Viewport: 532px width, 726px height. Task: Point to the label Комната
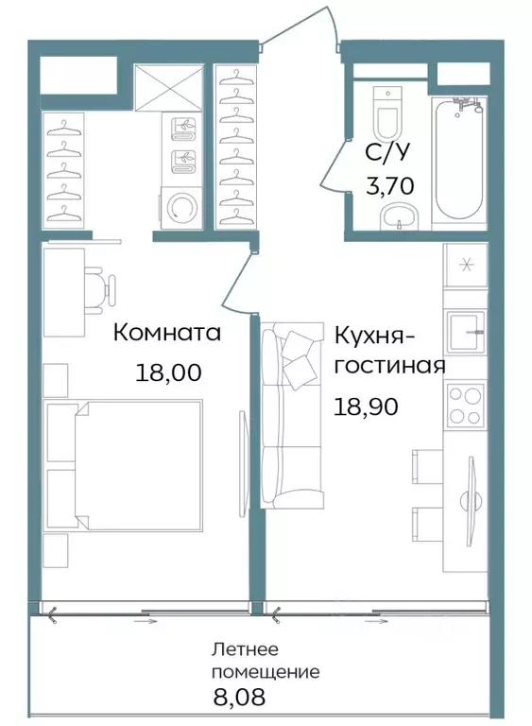point(167,333)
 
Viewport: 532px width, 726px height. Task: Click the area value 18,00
point(170,372)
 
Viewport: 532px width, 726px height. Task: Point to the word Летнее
point(244,650)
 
